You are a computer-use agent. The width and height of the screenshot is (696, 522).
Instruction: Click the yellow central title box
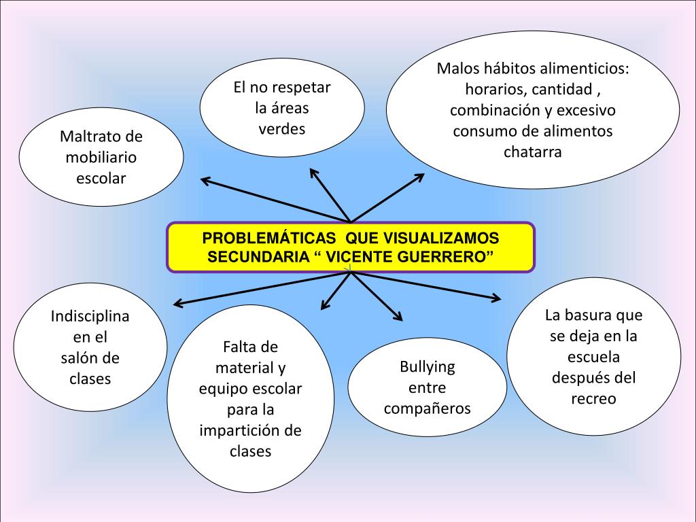click(351, 247)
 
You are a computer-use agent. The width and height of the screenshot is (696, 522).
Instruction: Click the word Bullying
click(427, 368)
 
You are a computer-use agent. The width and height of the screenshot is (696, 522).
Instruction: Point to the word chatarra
click(533, 152)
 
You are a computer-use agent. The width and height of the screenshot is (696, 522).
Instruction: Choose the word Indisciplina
click(90, 317)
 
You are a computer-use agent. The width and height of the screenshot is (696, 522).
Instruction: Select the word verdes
click(281, 129)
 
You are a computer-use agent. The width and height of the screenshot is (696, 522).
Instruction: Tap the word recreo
click(593, 398)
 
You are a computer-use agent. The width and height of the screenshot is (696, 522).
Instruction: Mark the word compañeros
click(427, 408)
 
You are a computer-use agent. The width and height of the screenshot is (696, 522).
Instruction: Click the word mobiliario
click(101, 158)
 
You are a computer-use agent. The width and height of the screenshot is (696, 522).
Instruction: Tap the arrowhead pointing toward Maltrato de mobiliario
click(204, 179)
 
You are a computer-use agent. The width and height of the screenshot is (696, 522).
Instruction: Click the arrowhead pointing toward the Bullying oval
click(398, 317)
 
